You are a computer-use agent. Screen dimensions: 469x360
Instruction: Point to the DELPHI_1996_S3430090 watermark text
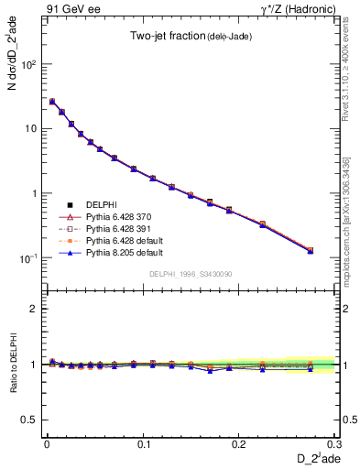[x=191, y=275]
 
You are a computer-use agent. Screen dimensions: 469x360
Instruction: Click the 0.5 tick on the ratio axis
[x=30, y=420]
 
